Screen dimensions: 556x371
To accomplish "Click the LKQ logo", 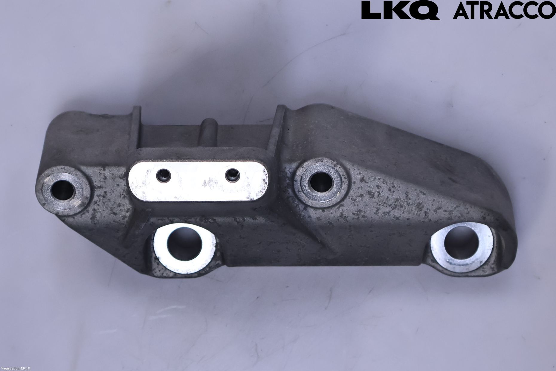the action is click(x=401, y=11).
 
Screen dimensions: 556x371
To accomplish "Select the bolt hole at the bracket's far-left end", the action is click(x=63, y=189).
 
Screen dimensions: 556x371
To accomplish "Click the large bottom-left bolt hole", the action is click(x=184, y=245).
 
